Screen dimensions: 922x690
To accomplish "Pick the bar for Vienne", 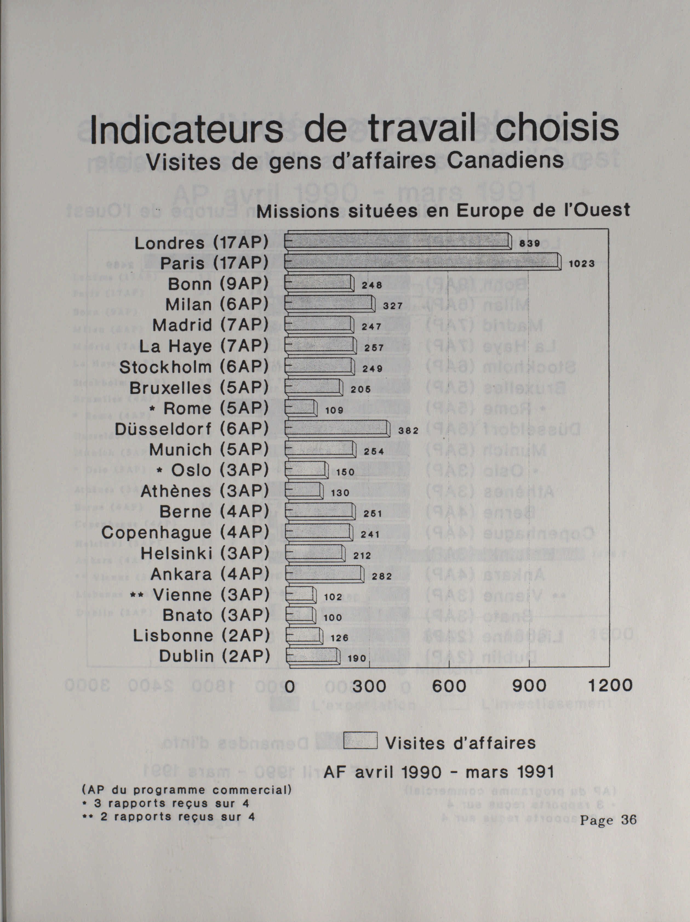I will pyautogui.click(x=301, y=595).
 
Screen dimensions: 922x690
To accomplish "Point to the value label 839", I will pyautogui.click(x=529, y=243).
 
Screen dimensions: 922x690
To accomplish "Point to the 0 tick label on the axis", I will pyautogui.click(x=289, y=686).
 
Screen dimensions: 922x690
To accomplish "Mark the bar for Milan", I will pyautogui.click(x=329, y=303).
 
